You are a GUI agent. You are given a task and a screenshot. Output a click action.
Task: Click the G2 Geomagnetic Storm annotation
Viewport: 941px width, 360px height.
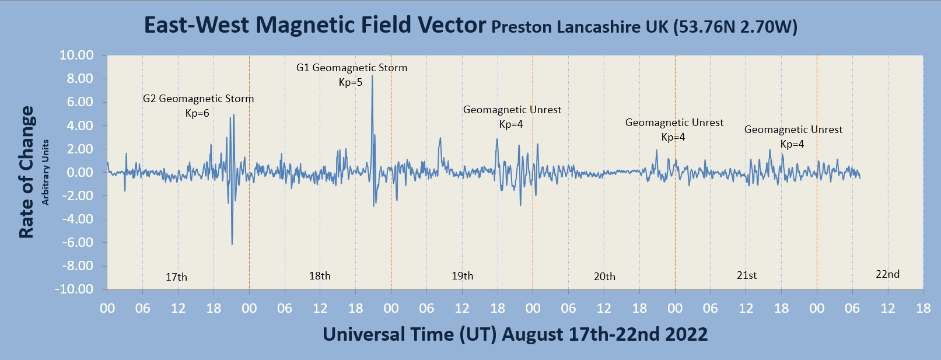coord(198,99)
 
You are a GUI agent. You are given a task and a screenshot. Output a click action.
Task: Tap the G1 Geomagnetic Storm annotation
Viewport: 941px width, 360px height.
coord(352,68)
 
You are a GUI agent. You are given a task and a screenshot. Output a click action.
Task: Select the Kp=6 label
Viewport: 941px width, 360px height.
coord(197,113)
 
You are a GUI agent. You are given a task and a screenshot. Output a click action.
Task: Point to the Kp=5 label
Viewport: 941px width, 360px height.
coord(351,82)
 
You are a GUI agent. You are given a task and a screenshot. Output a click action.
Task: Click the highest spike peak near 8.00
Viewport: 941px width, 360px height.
coord(372,76)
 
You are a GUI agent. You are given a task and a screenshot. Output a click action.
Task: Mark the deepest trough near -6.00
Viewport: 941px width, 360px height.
coord(232,244)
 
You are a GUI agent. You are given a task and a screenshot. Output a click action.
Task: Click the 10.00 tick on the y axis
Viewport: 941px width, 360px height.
coord(76,55)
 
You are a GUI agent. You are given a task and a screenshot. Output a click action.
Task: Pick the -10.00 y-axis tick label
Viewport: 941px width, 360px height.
coord(74,289)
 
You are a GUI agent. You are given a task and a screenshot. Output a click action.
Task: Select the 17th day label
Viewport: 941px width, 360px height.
coord(176,277)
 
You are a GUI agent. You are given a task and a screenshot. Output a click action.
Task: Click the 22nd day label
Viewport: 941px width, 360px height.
coord(887,274)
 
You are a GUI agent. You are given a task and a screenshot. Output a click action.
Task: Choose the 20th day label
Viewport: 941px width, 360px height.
coord(604,277)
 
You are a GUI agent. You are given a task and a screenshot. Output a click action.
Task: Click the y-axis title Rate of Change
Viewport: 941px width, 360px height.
coord(26,172)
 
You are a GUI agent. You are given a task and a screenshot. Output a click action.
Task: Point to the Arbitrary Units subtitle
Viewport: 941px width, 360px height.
coord(46,172)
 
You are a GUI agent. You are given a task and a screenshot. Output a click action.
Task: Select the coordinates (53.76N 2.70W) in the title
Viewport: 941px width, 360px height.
coord(735,27)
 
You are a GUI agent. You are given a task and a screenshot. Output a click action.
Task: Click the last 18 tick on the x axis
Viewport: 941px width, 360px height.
coord(923,308)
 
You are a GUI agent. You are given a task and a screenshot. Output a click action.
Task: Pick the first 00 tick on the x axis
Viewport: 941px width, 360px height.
coord(107,308)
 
